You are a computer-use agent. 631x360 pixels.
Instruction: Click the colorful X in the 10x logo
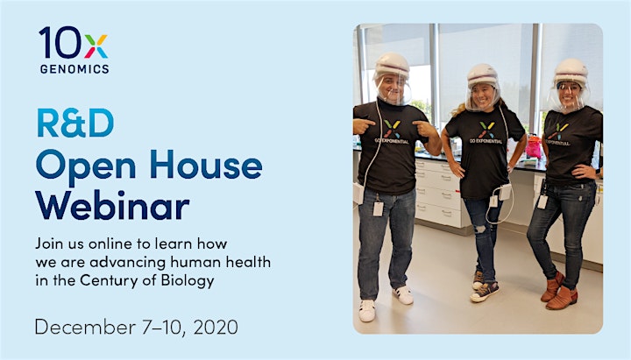(96, 46)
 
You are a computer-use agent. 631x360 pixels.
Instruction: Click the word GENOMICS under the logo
(74, 69)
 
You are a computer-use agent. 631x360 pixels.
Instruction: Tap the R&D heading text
(75, 123)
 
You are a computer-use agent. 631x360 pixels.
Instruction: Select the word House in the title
(206, 165)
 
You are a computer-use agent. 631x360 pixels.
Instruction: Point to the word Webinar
(113, 205)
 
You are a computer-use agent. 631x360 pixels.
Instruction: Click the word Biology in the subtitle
(188, 281)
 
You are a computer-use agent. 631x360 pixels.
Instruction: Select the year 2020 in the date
(216, 327)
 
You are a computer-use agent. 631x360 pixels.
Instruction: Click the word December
(85, 327)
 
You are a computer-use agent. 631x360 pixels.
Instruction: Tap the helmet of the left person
(392, 66)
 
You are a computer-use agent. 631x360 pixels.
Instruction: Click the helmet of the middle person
(483, 75)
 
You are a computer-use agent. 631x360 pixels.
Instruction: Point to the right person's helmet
(571, 71)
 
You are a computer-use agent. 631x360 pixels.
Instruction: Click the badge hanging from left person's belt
(379, 208)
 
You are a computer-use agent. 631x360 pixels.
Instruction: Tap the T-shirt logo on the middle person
(486, 132)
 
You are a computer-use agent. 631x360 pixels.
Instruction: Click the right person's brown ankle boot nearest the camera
(562, 298)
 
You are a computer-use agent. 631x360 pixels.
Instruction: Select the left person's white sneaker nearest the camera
(367, 311)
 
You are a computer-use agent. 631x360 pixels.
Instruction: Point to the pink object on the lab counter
(534, 147)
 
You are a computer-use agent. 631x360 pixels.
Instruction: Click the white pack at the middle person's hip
(505, 192)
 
